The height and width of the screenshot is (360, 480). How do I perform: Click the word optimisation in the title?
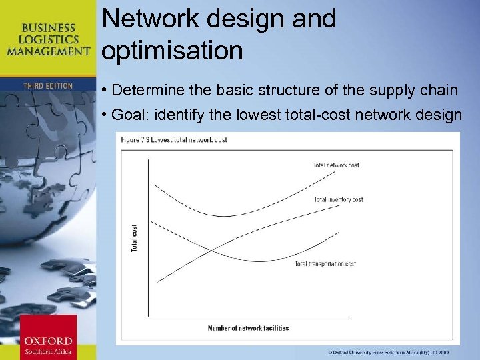tap(173, 51)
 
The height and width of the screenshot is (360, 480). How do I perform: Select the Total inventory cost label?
tap(338, 199)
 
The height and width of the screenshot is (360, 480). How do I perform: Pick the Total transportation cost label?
tap(325, 264)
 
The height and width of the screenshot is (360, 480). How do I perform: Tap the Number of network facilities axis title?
tap(248, 328)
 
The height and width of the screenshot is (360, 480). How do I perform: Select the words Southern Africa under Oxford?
tap(48, 351)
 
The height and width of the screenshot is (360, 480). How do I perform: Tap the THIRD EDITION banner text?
tap(48, 86)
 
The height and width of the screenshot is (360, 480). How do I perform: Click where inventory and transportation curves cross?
tap(212, 251)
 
